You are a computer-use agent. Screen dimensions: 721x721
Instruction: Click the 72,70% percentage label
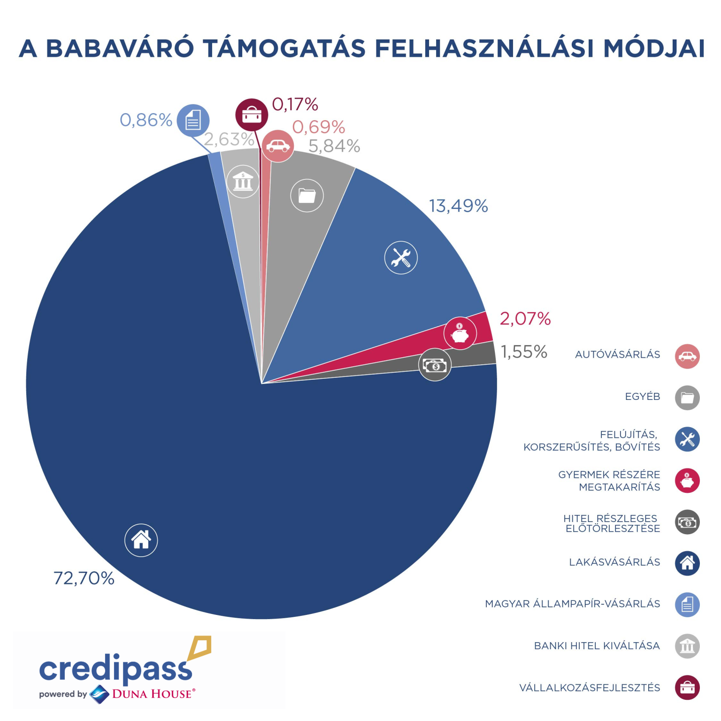(x=84, y=578)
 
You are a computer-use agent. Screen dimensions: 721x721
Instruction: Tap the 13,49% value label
(x=458, y=206)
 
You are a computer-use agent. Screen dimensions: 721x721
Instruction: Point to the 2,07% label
(x=525, y=319)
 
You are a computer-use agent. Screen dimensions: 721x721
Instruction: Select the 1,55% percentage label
(x=524, y=352)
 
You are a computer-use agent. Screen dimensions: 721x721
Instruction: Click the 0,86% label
(x=146, y=120)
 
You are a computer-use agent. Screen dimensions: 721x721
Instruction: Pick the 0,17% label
(x=295, y=104)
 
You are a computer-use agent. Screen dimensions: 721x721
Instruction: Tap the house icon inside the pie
(x=141, y=540)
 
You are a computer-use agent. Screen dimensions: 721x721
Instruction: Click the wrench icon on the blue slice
(x=401, y=258)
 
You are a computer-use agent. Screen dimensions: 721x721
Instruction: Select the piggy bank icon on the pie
(x=460, y=333)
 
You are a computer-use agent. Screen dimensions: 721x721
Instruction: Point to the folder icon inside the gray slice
(x=307, y=195)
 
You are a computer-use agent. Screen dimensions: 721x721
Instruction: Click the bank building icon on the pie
(x=243, y=181)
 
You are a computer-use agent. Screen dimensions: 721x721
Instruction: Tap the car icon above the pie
(x=277, y=146)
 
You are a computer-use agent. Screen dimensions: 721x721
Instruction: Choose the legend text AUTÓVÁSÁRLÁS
(x=617, y=355)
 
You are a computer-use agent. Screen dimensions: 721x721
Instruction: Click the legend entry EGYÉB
(x=642, y=397)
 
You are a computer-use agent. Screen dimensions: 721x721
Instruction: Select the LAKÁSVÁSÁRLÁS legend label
(x=614, y=562)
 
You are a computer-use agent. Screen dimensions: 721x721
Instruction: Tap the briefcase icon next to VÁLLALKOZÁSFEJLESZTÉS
(x=687, y=688)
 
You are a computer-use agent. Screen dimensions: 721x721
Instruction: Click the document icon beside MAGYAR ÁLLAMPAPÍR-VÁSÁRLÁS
(x=687, y=605)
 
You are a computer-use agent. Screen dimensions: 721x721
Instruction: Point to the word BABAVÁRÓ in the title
(x=120, y=48)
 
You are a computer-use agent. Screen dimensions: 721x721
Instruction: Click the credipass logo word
(x=115, y=668)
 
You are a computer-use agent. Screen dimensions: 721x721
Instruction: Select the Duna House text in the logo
(x=152, y=694)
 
